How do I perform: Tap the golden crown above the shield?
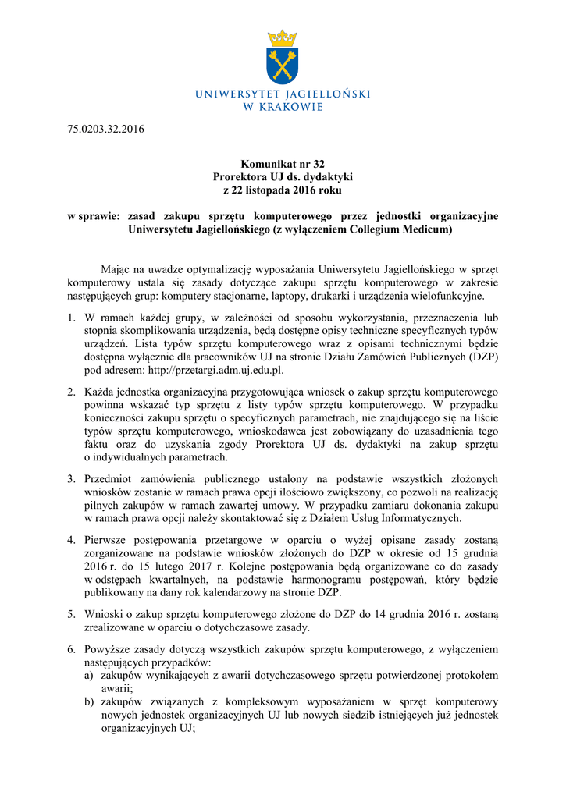(283, 37)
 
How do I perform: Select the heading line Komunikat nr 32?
(283, 164)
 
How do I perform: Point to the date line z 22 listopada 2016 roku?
(283, 189)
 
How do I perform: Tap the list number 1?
(70, 318)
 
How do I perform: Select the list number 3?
(70, 478)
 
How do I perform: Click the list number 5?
(70, 614)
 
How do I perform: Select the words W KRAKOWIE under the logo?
(283, 107)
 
